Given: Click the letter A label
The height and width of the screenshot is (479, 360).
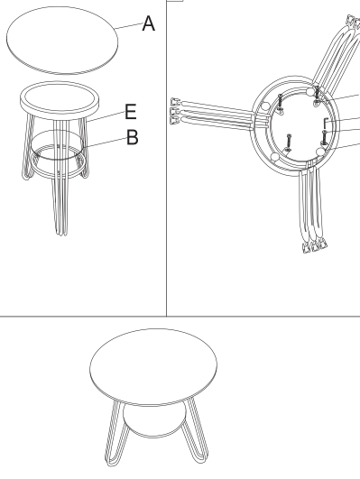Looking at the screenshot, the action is [x=149, y=23].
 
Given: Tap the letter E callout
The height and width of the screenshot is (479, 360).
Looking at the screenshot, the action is [x=131, y=111].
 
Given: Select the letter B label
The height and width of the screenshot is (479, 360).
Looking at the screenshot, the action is [x=133, y=137].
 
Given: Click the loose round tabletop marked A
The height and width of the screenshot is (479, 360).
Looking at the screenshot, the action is [x=62, y=40].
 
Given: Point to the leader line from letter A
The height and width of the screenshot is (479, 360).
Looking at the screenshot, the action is [x=129, y=26].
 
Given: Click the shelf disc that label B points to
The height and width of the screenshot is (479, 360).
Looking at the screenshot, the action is [x=57, y=145].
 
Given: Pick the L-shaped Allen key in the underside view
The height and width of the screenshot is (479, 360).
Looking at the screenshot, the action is [x=325, y=123].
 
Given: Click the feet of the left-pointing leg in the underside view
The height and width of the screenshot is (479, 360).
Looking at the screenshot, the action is [x=174, y=111].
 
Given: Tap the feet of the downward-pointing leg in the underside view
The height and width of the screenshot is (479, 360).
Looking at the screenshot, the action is [x=315, y=246].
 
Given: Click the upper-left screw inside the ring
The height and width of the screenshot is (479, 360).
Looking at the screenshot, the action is [x=280, y=103].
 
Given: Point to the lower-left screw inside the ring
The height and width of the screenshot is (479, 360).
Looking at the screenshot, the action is [x=289, y=143].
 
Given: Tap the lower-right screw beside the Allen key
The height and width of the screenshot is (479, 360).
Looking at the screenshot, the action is [x=324, y=137].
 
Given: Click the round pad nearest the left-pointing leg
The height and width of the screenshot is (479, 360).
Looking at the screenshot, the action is [x=265, y=106].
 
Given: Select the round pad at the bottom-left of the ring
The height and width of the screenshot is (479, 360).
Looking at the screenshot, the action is [x=274, y=157].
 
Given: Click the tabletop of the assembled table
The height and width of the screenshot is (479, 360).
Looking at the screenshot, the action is [x=153, y=367].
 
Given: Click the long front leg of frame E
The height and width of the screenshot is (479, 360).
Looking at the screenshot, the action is [x=60, y=177].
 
